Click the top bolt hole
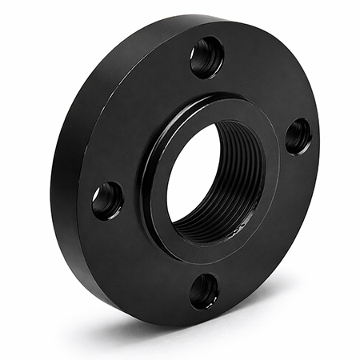[206, 57]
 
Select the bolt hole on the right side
[298, 136]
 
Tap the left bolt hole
[107, 200]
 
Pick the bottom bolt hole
[204, 290]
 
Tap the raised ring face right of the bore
[268, 160]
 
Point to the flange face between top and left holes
[140, 112]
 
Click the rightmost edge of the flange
[318, 152]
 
